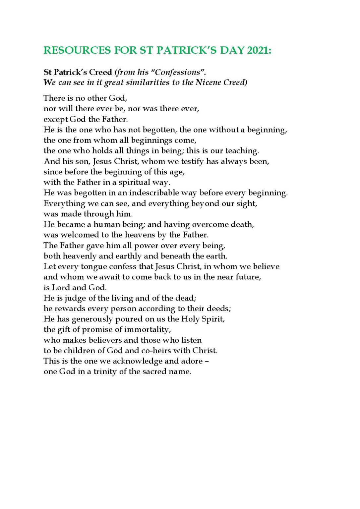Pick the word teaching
pos(242,151)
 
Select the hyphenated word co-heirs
pos(157,351)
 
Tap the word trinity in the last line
pos(105,372)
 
